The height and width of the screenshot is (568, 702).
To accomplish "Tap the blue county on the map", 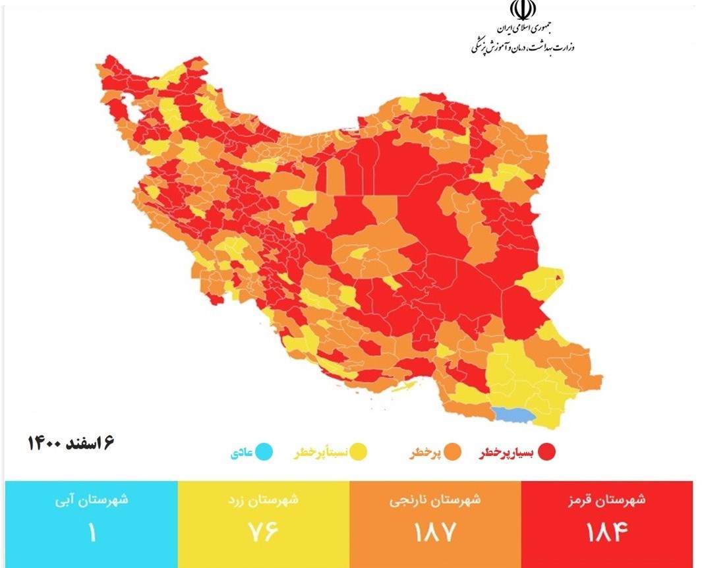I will pos(514,414).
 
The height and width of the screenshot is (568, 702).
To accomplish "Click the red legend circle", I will pos(546,453).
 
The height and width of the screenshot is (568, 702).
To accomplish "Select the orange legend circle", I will pos(452,453).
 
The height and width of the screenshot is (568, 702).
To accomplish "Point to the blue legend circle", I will pos(264,453).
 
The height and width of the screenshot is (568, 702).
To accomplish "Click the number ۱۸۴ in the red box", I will pos(607,531).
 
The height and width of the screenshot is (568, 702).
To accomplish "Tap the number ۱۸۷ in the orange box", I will pos(435,531).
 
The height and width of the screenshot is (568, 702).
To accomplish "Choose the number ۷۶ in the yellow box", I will pos(263,531).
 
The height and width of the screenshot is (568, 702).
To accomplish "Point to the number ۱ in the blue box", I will pos(92,531).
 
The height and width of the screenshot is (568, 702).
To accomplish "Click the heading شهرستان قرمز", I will pos(607,499).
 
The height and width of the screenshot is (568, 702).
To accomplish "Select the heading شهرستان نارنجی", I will pos(435,499).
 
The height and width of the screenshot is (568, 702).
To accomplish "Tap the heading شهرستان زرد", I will pos(263,499).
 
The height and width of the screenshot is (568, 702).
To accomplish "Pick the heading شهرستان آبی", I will pos(92,499).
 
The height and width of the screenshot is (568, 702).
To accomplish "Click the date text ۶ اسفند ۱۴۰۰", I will pos(71,442).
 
